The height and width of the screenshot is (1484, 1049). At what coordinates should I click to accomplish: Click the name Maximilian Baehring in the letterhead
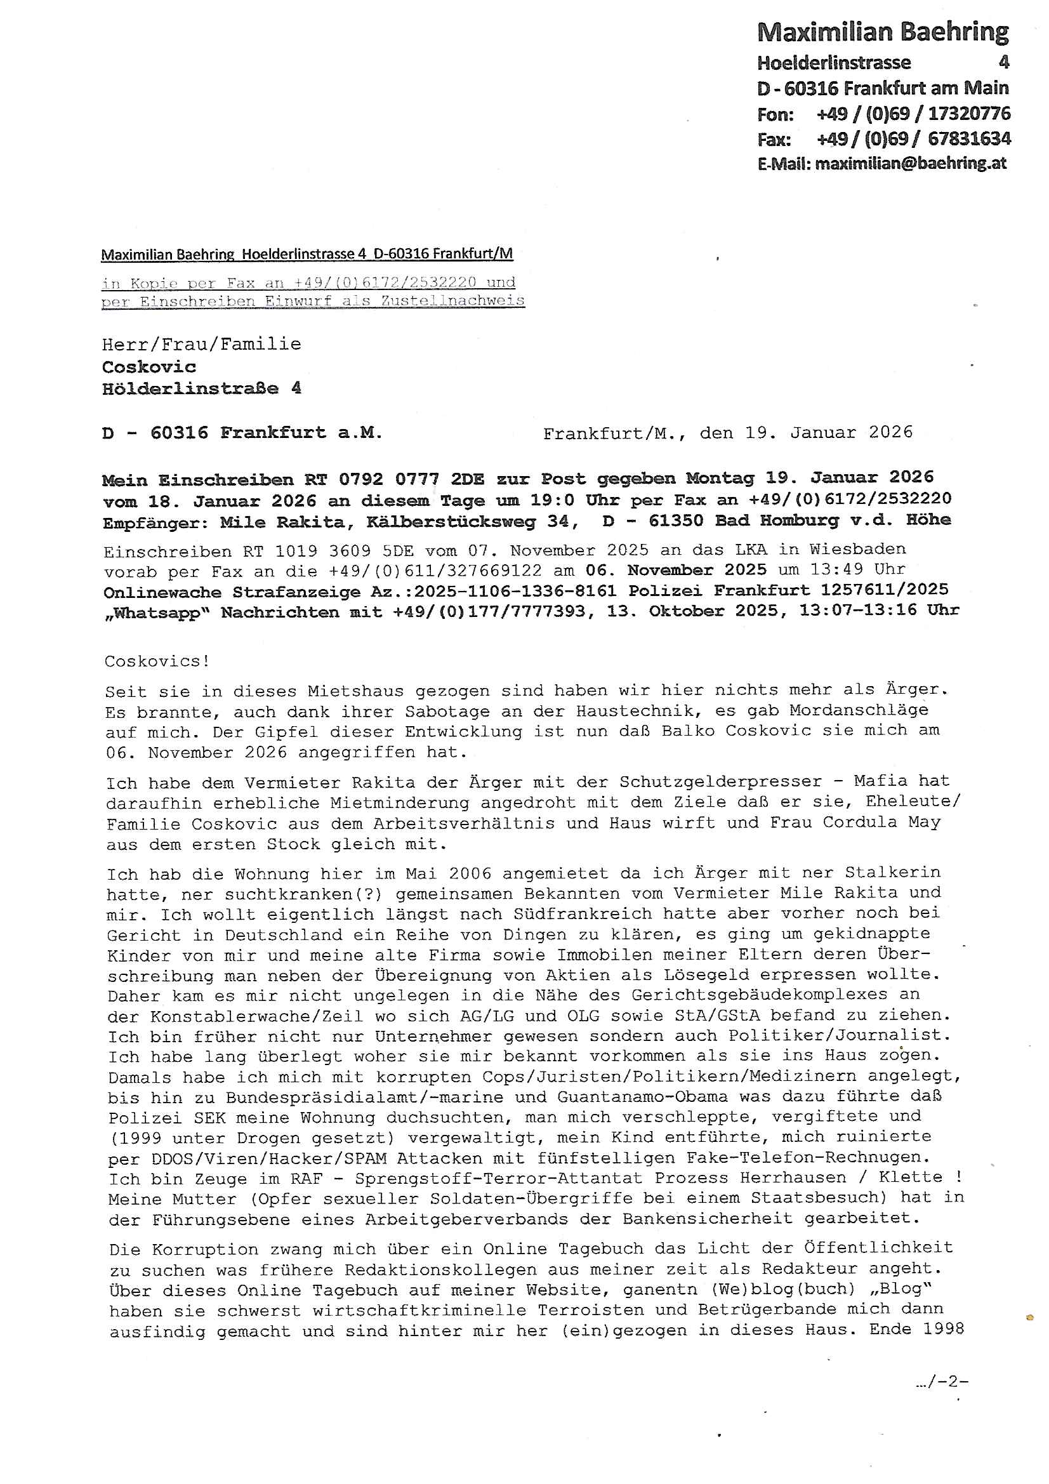click(x=882, y=32)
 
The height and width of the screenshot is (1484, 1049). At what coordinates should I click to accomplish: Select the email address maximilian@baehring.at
click(x=910, y=164)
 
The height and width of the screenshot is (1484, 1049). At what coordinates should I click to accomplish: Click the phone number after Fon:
click(x=913, y=114)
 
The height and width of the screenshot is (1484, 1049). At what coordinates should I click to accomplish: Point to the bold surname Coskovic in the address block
click(x=148, y=366)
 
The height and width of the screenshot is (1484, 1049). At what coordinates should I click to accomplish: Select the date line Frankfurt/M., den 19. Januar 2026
click(x=727, y=432)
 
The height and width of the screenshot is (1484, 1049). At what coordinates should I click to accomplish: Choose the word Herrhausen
click(x=793, y=1177)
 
